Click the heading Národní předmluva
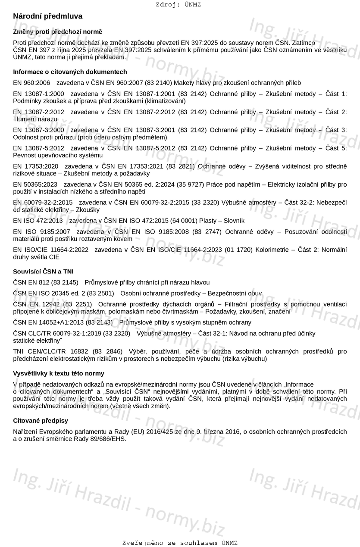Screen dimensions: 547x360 coord(48,16)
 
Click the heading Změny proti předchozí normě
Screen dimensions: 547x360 coord(58,32)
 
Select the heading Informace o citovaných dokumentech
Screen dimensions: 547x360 coord(70,72)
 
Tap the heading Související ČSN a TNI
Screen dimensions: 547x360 coord(43,272)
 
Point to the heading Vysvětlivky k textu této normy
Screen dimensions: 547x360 coord(59,373)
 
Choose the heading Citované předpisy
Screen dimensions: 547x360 coord(41,420)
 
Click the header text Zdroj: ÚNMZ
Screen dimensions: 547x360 coord(178,5)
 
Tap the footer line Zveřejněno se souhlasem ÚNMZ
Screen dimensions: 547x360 coord(180,543)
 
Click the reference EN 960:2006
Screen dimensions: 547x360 coord(31,83)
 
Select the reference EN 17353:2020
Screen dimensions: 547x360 coord(36,166)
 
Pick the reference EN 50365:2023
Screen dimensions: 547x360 coord(35,184)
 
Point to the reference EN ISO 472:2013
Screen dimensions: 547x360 coord(38,221)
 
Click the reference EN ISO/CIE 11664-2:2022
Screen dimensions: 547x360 coord(51,250)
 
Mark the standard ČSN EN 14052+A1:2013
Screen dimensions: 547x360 coord(48,322)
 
